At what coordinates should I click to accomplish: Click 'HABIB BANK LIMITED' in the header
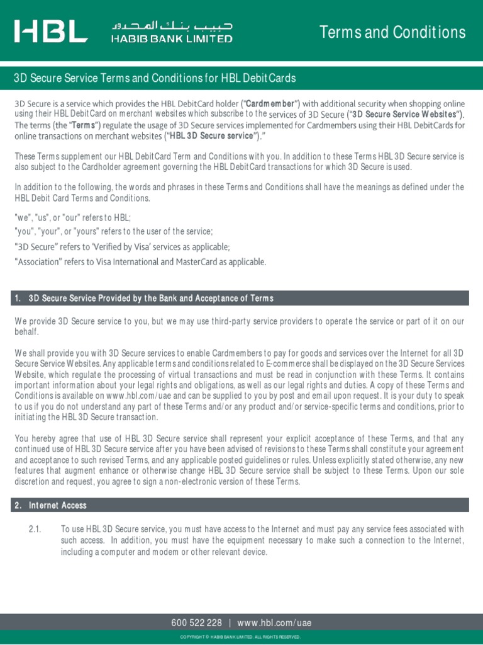pos(172,39)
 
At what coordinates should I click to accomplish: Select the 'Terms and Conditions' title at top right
pos(392,32)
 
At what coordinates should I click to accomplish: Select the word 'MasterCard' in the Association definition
pos(189,261)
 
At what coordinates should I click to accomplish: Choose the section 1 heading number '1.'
pos(18,298)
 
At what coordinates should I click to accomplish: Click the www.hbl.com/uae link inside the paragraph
pos(136,396)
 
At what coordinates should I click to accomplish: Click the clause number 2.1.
pos(35,529)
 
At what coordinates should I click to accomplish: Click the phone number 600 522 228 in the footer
pos(196,623)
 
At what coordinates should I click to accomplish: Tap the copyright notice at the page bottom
pos(241,637)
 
